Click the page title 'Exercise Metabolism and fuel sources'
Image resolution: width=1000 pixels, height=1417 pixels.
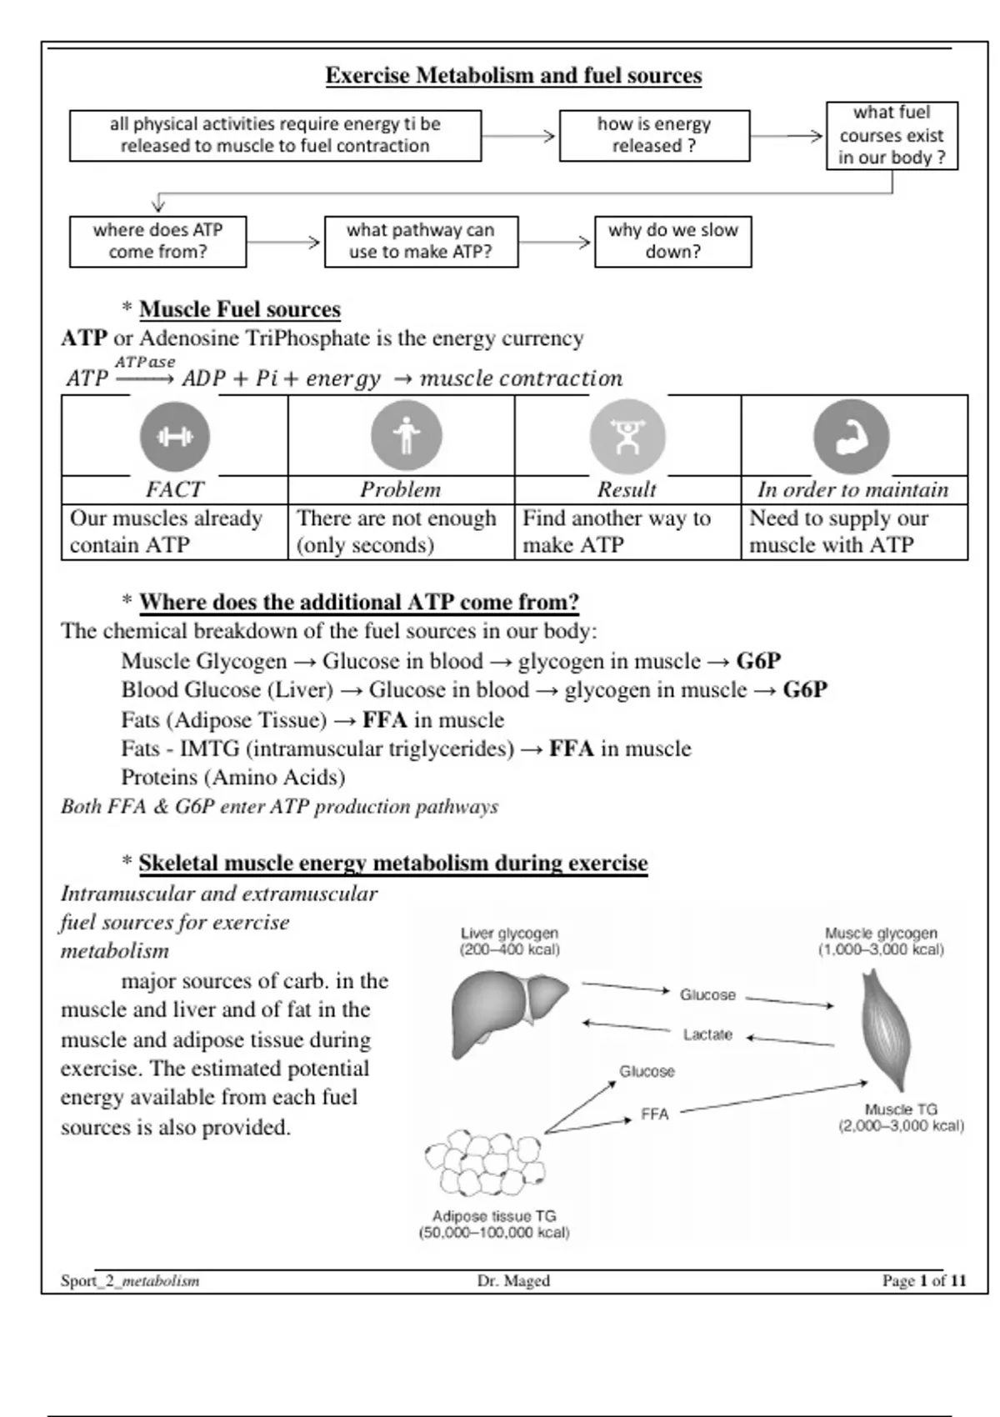point(513,75)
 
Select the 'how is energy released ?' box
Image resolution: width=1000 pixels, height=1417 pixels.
point(654,135)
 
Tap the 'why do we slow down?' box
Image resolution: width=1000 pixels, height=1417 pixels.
point(672,242)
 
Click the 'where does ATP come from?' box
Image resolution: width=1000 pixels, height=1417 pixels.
point(157,242)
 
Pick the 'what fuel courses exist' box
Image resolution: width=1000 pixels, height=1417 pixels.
point(891,135)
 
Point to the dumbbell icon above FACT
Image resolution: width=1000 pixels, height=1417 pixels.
point(174,437)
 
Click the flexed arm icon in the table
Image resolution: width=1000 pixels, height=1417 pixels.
point(851,437)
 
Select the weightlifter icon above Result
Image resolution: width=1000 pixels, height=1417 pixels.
point(627,437)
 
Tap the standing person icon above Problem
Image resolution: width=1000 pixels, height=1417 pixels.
point(406,436)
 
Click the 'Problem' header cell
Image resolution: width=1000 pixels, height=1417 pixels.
point(401,489)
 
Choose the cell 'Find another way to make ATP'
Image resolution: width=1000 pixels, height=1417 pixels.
point(627,532)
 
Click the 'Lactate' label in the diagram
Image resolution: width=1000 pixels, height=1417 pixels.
point(707,1034)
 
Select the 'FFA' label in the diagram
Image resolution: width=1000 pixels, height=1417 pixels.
point(655,1114)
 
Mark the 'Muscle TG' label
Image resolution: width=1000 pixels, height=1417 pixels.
point(901,1109)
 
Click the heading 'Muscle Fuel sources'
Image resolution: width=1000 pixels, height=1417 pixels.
point(240,309)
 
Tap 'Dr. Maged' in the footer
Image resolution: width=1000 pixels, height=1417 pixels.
point(513,1280)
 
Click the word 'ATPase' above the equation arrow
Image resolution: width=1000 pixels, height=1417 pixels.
point(145,362)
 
